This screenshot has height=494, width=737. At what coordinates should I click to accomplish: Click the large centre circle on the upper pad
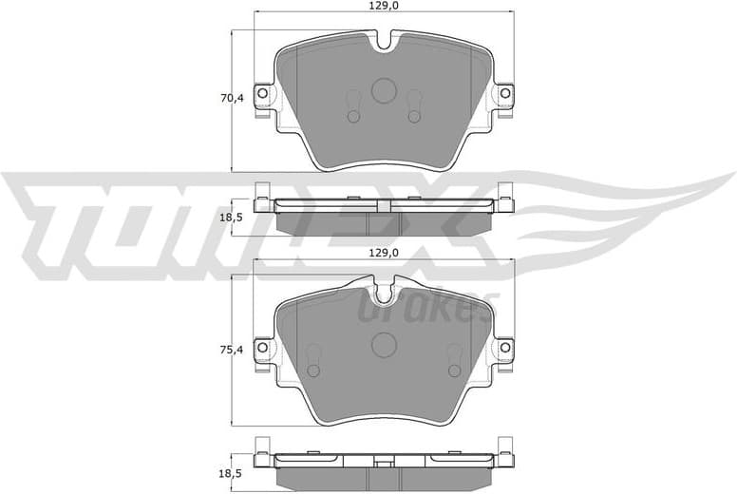pos(384,90)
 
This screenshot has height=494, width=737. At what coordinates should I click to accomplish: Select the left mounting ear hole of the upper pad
pos(264,94)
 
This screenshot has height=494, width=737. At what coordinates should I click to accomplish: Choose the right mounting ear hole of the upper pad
pos(505,94)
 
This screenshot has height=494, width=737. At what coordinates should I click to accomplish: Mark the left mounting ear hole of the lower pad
pos(264,349)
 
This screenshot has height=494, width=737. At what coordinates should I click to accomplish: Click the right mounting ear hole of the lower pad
pos(505,349)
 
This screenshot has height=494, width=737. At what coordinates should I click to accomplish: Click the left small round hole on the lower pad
pos(313,366)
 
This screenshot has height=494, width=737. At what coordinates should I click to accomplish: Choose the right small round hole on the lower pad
pos(454,366)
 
